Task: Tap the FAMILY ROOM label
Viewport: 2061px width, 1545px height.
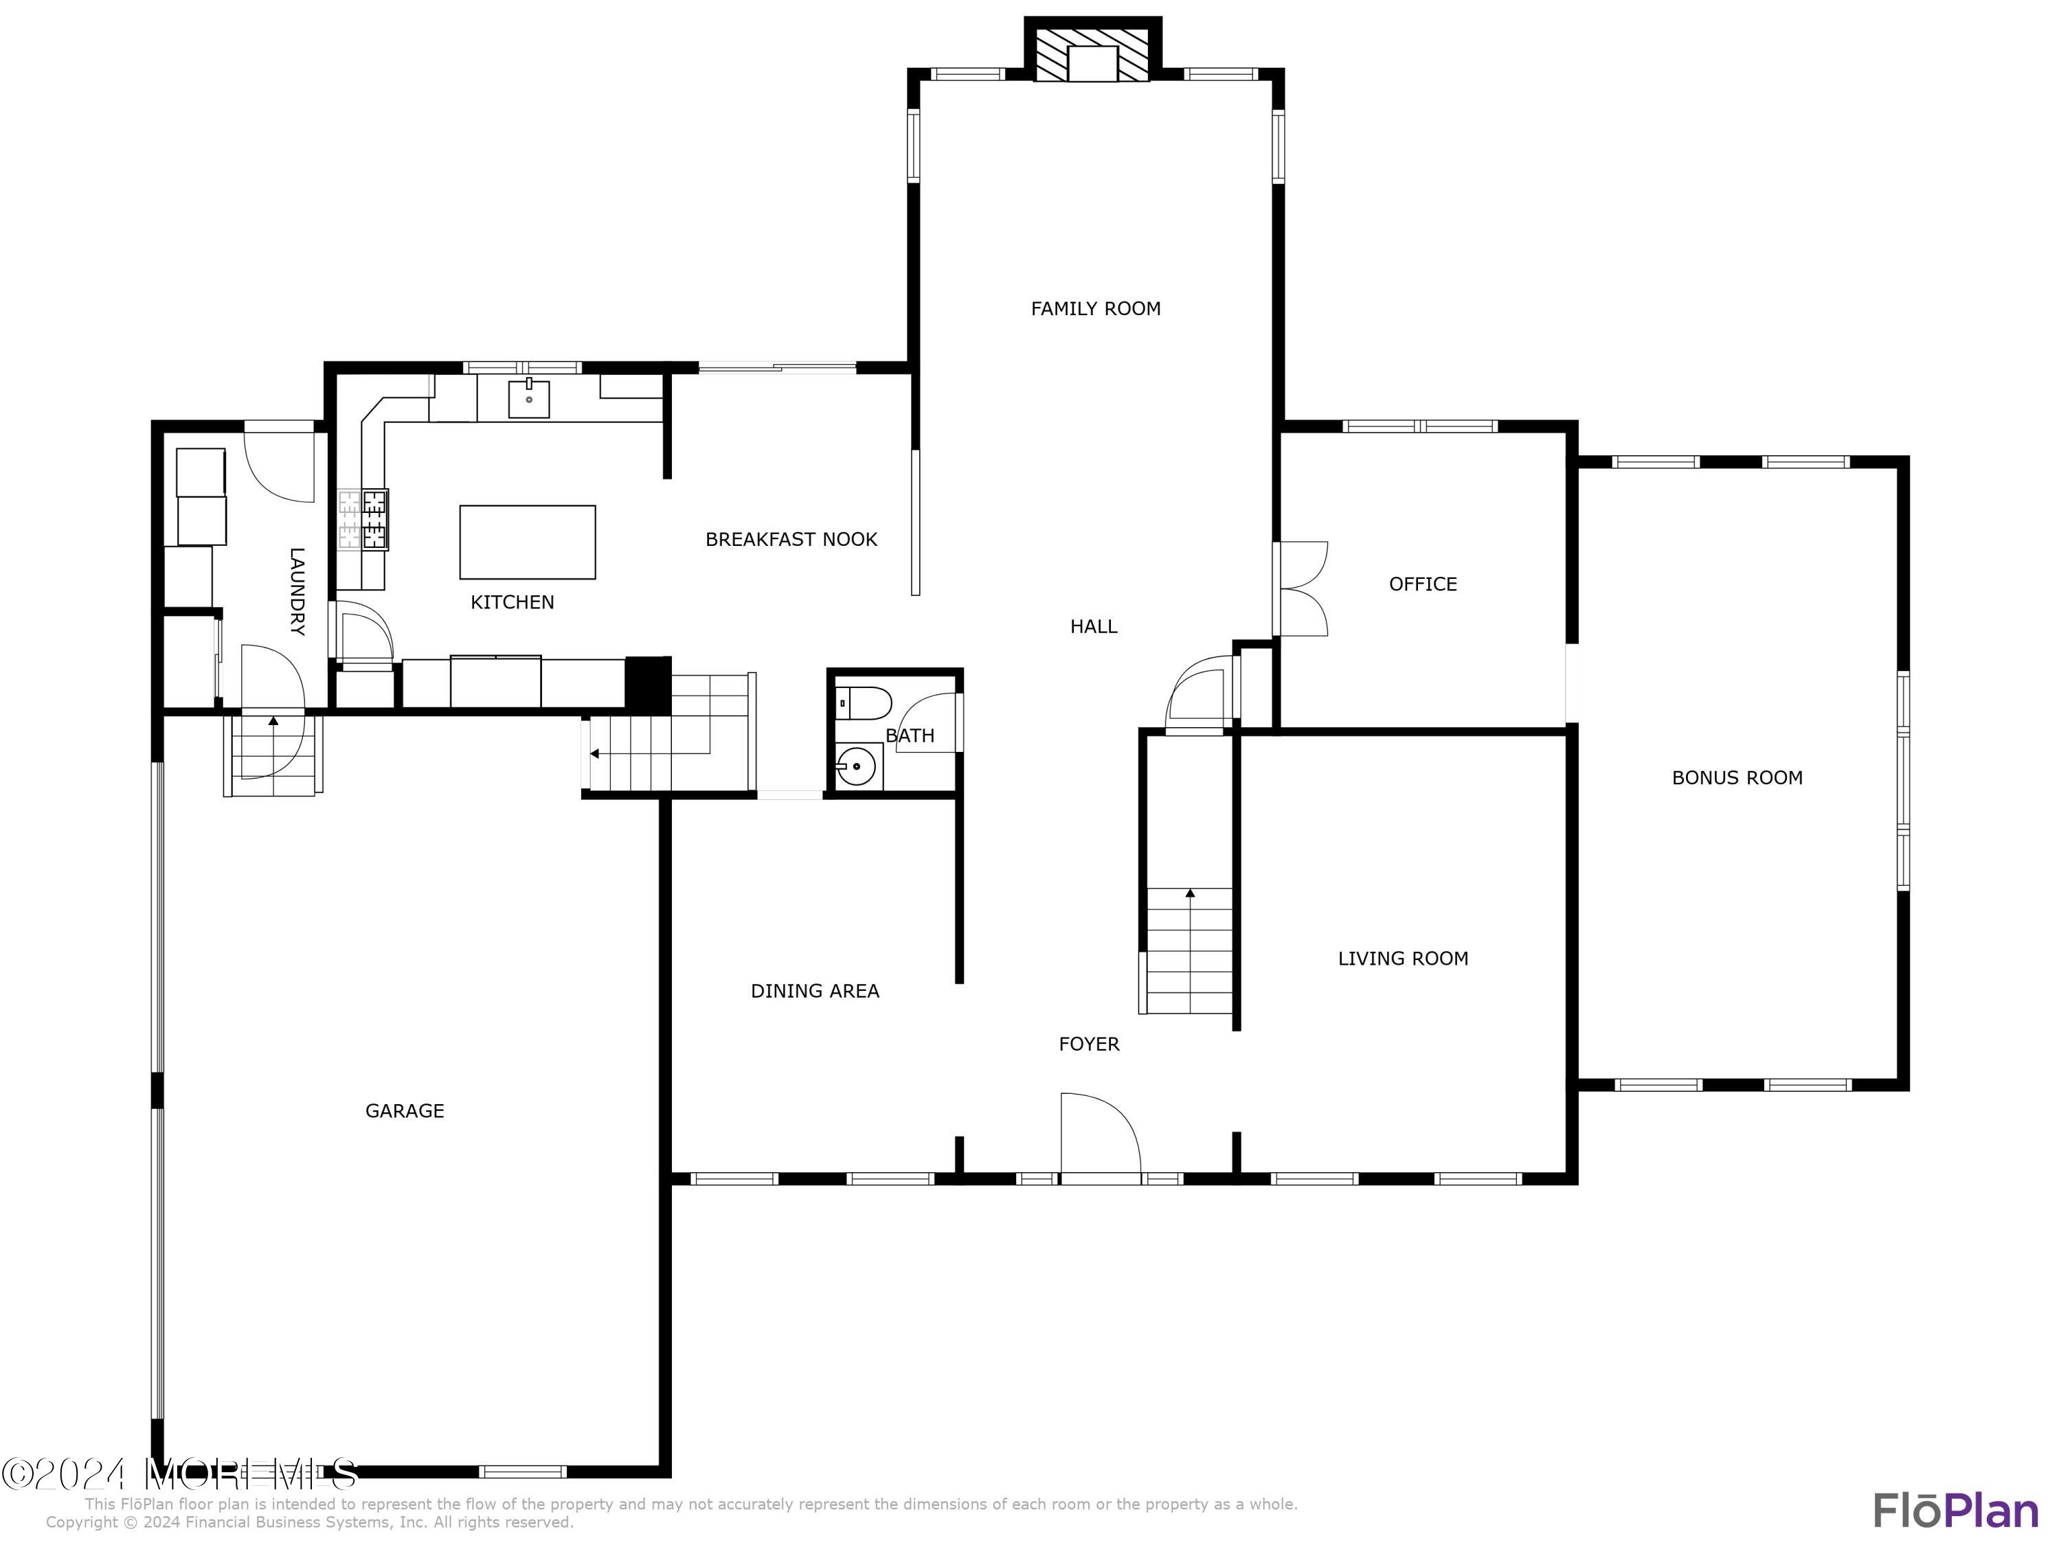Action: coord(1095,308)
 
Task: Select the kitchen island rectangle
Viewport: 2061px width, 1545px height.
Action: coord(528,542)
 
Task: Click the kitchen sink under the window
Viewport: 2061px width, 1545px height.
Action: coord(528,398)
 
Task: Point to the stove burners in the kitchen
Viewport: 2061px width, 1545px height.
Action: coord(363,520)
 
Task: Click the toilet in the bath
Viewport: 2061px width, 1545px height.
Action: coord(863,702)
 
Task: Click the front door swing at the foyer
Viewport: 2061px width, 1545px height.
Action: coord(1099,1137)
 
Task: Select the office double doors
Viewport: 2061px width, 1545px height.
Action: coord(1302,588)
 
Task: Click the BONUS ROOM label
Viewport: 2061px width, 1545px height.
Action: coord(1736,777)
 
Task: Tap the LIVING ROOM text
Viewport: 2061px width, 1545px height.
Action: coord(1402,959)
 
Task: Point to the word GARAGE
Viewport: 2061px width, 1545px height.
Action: coord(405,1110)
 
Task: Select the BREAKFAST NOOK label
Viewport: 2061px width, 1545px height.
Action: coord(791,539)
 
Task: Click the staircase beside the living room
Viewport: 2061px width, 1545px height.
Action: coord(1189,950)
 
